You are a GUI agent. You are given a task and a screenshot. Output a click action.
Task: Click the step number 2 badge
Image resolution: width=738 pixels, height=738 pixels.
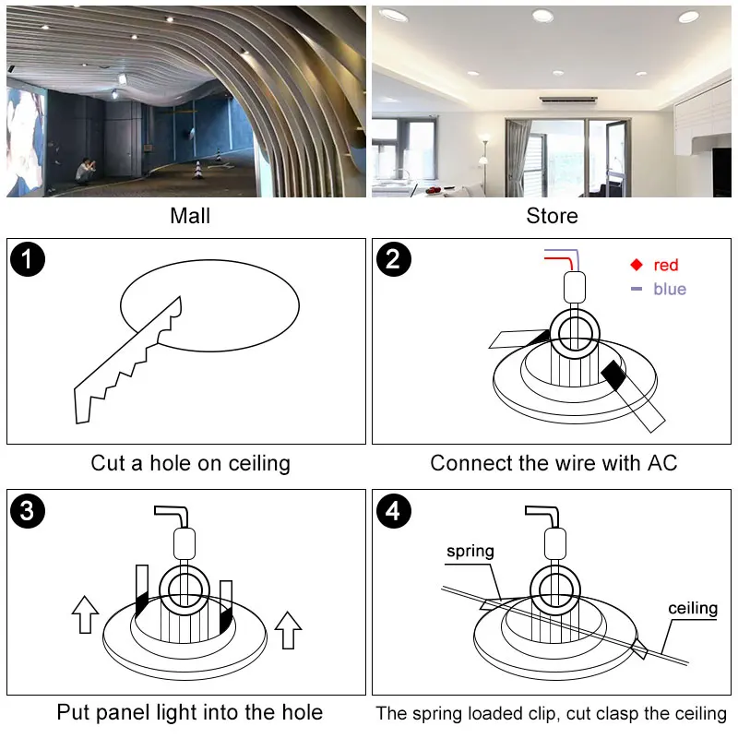pyautogui.click(x=394, y=259)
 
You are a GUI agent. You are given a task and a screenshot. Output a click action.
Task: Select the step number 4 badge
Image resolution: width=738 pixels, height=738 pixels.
pyautogui.click(x=394, y=511)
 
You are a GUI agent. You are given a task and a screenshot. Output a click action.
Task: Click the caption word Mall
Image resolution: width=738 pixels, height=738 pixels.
pyautogui.click(x=190, y=216)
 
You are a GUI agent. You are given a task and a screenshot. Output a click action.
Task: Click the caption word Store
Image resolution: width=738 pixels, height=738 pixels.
pyautogui.click(x=552, y=216)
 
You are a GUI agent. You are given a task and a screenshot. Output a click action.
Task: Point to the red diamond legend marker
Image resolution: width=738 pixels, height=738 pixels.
pyautogui.click(x=636, y=265)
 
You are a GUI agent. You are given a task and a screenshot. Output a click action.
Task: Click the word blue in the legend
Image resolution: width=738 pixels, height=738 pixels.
pyautogui.click(x=670, y=290)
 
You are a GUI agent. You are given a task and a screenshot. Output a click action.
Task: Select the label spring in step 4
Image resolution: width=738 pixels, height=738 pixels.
pyautogui.click(x=470, y=552)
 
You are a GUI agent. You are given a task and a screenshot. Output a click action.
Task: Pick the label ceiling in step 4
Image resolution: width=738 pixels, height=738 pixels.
pyautogui.click(x=693, y=608)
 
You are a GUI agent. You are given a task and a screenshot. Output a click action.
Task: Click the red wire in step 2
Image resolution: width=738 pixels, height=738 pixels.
pyautogui.click(x=559, y=262)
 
